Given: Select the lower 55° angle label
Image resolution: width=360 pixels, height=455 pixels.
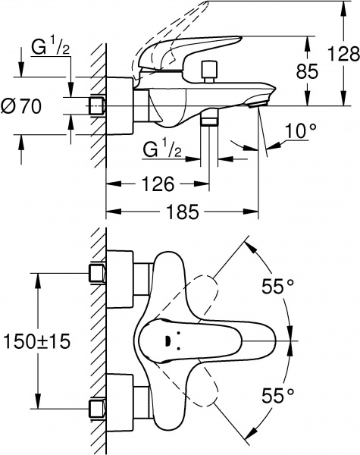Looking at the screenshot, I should point(277,395).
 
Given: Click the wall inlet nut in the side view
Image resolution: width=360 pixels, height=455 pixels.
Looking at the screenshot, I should point(96,105).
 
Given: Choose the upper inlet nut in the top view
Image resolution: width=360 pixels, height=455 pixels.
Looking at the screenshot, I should point(96,273).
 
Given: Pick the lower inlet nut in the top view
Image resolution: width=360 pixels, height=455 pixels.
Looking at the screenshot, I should point(96,407).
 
